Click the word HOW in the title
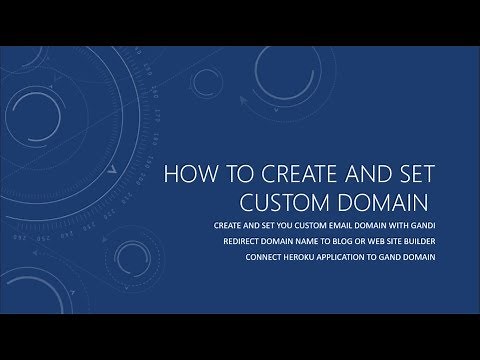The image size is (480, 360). [x=187, y=175]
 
